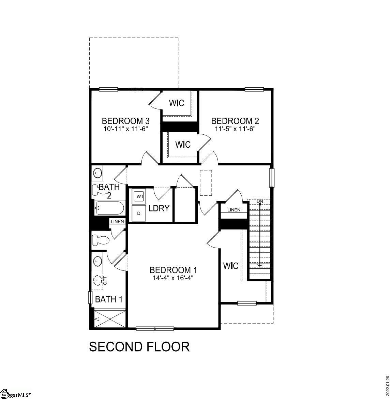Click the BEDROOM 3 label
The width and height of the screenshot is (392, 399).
coord(126,121)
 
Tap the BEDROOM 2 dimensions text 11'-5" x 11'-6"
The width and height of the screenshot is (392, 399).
coord(235,129)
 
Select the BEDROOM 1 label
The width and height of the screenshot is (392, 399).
coord(173,270)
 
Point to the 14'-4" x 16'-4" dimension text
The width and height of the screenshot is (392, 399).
coord(173,278)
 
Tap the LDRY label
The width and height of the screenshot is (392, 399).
coord(159,208)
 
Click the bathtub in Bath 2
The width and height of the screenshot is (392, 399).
coord(110,208)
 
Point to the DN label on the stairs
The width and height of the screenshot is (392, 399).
coord(260,201)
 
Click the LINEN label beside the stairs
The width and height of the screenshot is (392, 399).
coord(234,210)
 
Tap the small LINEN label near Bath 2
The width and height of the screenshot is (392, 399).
coord(117,221)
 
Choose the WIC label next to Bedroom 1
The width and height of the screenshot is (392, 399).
coord(231,266)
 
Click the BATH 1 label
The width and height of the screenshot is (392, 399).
coord(109,299)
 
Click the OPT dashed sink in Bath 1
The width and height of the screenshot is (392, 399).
coord(98,280)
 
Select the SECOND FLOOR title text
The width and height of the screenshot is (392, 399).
coord(139,347)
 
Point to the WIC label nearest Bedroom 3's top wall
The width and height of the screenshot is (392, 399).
coord(177,103)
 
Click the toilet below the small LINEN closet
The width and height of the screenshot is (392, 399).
coord(101,239)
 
